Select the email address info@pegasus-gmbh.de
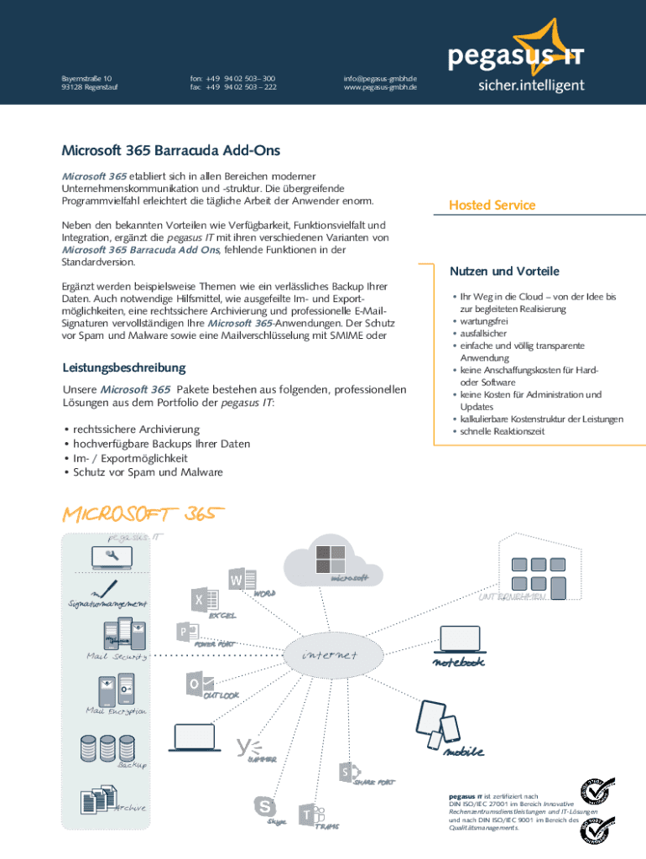coord(379,78)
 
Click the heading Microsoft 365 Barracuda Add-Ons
coord(170,151)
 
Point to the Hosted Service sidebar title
coord(492,206)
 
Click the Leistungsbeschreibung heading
coord(124,367)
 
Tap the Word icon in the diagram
coord(237,580)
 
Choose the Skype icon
coord(266,806)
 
